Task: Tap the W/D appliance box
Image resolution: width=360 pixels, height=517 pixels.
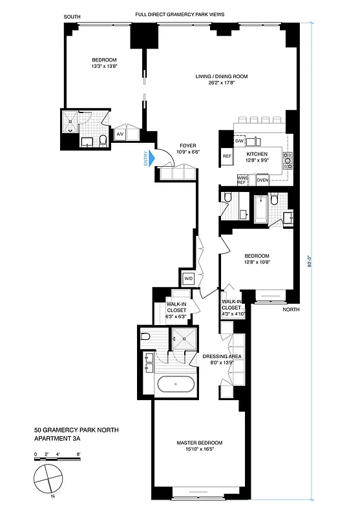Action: [189, 279]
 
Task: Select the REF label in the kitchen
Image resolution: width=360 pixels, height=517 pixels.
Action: [227, 156]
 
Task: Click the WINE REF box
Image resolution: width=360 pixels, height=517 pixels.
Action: [243, 180]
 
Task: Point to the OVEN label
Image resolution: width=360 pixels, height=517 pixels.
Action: [262, 180]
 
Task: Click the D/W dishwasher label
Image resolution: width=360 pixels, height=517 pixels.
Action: [238, 140]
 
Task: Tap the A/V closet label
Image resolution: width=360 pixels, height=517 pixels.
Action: [120, 134]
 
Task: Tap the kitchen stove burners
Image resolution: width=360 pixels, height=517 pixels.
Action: [288, 160]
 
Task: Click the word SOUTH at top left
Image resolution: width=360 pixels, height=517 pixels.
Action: [73, 16]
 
